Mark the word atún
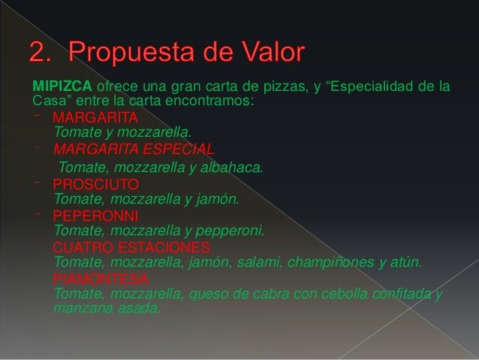(410, 262)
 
